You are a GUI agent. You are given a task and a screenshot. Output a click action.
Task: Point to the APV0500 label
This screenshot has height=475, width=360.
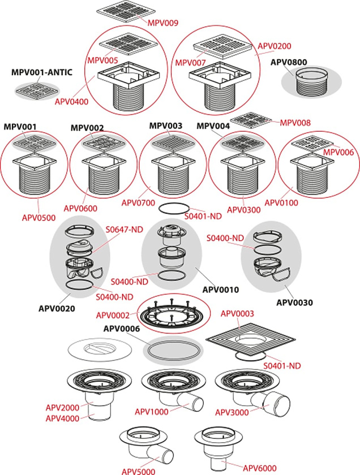(33, 202)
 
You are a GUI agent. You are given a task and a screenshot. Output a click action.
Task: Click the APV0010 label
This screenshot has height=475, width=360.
(221, 290)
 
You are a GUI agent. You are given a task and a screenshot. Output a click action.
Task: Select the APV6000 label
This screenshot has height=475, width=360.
(261, 467)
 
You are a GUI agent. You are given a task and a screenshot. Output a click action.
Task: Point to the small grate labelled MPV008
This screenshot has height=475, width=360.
(252, 120)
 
